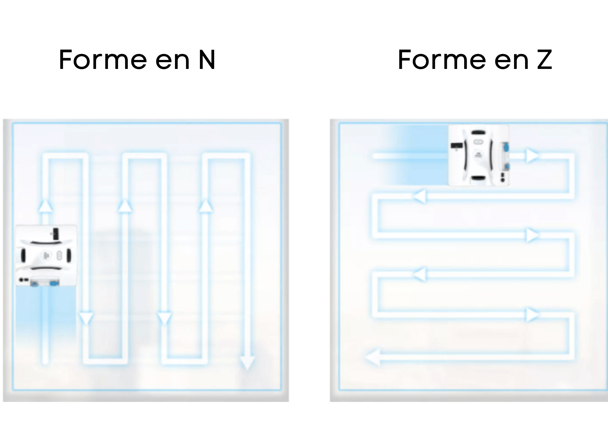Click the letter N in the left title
click(x=207, y=60)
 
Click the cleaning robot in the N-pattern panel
click(x=46, y=255)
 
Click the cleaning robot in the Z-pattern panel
click(x=479, y=155)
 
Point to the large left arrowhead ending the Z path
click(x=373, y=357)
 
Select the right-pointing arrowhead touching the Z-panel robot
click(x=532, y=156)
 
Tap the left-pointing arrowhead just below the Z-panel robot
click(x=420, y=196)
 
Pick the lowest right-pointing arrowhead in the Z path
click(x=532, y=315)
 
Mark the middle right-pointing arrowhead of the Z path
click(x=532, y=235)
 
